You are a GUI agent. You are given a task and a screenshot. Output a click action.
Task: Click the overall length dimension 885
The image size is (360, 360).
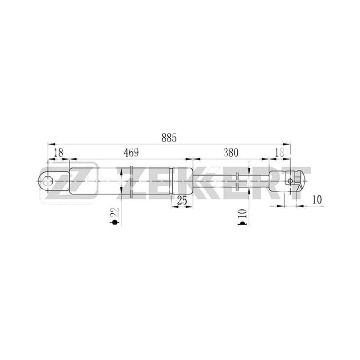169,138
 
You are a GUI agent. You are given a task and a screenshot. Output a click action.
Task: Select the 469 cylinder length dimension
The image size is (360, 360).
131,153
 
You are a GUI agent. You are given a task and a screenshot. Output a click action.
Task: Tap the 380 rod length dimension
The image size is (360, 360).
231,153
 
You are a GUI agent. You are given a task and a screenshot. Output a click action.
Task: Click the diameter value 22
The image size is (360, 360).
115,212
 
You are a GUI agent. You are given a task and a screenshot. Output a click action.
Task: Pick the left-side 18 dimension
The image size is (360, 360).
58,153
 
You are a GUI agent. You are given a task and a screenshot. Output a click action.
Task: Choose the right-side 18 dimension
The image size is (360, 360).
280,153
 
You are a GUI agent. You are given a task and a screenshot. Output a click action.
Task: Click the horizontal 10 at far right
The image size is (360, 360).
317,199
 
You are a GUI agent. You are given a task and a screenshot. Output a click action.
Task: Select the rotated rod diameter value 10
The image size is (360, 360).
243,213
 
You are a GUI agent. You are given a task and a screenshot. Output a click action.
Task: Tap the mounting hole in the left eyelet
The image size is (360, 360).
48,181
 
